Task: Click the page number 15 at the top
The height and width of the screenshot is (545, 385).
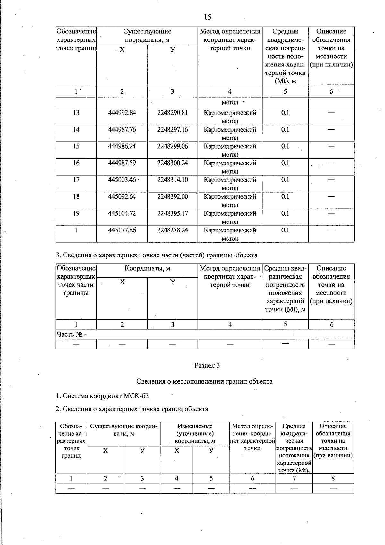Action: (207, 17)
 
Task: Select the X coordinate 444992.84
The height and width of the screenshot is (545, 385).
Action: (122, 113)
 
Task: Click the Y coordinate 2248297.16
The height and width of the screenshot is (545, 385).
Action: (173, 129)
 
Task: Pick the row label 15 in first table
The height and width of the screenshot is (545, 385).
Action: (76, 146)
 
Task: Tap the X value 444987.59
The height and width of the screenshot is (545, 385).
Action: (122, 163)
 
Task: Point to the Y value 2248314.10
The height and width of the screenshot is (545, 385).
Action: (173, 180)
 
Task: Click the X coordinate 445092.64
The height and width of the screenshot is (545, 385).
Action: (122, 196)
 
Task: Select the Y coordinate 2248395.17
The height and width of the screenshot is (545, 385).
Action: (173, 213)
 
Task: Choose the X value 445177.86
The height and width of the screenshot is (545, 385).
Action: (122, 230)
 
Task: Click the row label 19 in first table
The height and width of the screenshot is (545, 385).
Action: (76, 213)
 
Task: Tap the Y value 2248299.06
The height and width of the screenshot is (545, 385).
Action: (173, 146)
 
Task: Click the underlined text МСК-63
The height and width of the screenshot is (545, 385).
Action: (136, 396)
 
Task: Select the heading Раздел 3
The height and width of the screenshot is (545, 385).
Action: (207, 365)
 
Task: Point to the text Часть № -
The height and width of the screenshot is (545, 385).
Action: (72, 334)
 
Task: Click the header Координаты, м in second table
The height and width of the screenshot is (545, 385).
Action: (147, 268)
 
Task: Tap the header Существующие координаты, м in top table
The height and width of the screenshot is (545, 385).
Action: (147, 36)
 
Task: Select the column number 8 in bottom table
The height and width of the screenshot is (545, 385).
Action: (333, 478)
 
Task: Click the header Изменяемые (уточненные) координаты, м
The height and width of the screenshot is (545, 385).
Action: (195, 433)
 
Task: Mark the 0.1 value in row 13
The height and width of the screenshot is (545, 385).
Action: (285, 113)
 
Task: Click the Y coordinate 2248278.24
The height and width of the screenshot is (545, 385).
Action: (173, 230)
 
